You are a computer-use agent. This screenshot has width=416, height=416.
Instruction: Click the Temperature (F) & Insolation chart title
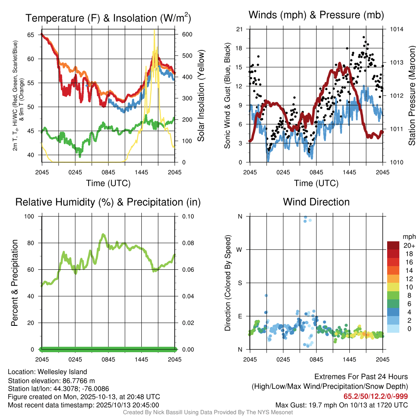108,18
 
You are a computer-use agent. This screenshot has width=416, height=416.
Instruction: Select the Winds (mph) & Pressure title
316,15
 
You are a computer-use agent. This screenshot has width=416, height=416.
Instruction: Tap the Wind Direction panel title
316,202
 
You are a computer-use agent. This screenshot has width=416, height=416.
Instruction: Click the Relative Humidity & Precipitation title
108,202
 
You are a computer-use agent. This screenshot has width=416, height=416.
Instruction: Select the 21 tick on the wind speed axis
239,29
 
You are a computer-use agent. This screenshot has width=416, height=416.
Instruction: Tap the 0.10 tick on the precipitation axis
188,216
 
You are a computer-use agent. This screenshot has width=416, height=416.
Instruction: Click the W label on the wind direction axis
240,249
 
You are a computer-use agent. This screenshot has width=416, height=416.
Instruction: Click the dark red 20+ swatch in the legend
394,245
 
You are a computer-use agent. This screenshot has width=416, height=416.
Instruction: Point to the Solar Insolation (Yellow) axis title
201,96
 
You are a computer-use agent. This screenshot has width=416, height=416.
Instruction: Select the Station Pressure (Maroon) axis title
412,96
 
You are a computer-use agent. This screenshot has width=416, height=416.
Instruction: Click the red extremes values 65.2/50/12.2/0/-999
376,396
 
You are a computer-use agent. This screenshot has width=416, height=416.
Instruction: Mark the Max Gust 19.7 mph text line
342,405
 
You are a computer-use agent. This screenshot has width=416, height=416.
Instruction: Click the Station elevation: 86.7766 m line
51,380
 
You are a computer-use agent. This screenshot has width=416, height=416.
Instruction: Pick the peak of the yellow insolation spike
154,30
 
